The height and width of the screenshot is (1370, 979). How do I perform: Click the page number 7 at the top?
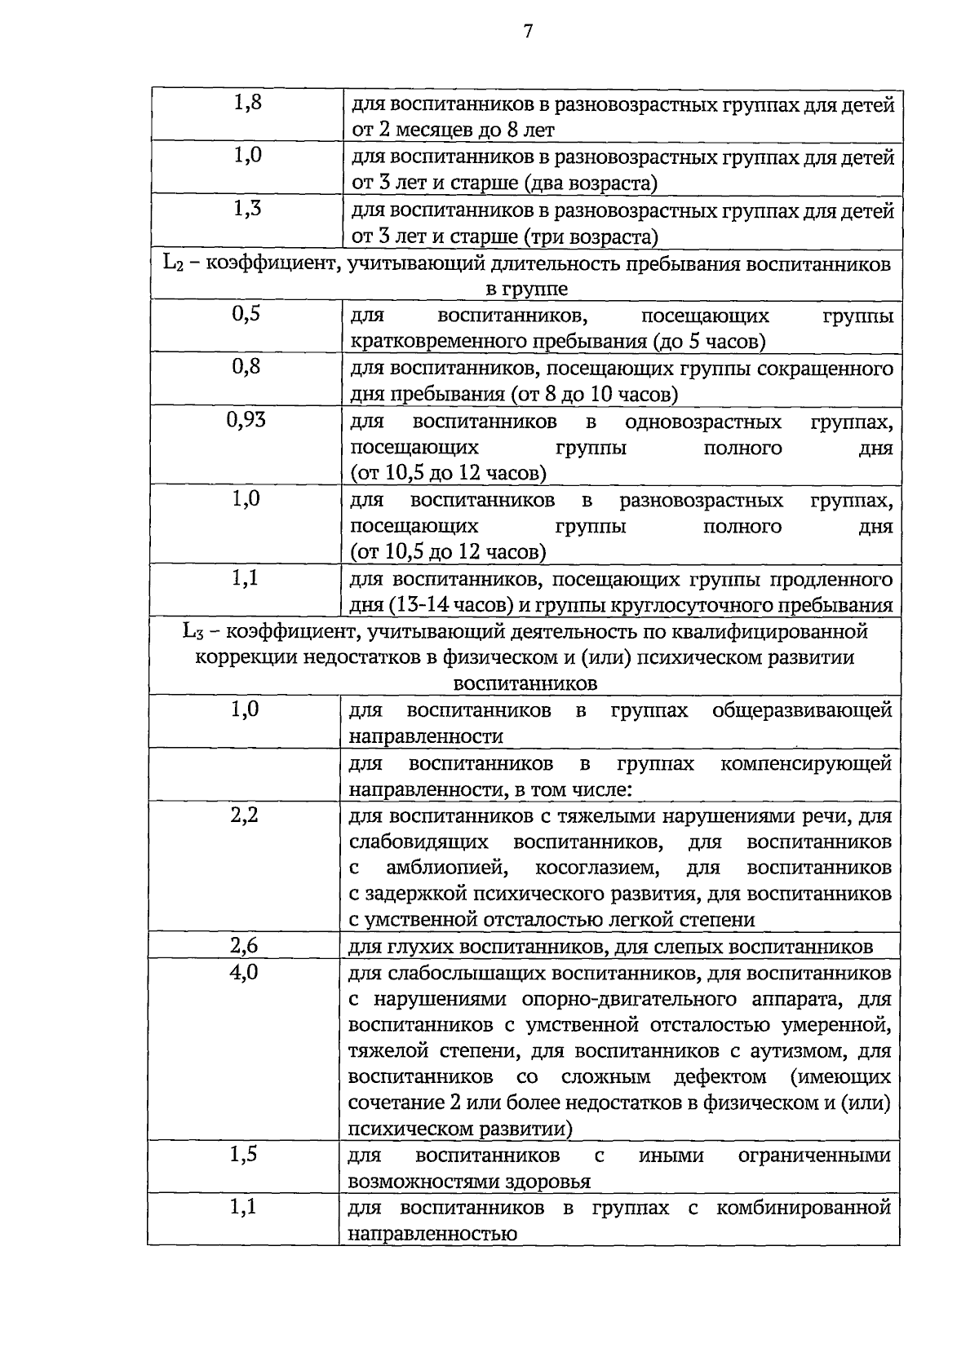pos(528,32)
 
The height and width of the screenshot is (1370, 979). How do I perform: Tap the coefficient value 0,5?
pos(246,313)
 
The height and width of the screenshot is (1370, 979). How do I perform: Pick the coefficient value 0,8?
pos(246,366)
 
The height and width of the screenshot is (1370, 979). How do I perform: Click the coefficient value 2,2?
pos(245,814)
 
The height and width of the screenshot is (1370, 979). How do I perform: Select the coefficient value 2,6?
pos(245,945)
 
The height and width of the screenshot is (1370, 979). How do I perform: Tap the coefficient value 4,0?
pos(245,971)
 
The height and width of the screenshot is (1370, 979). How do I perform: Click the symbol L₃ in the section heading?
pos(193,630)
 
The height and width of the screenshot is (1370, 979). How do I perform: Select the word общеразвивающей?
pos(802,710)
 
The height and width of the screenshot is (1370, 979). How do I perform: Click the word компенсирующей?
pos(806,763)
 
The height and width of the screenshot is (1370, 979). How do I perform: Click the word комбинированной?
pos(804,1208)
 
